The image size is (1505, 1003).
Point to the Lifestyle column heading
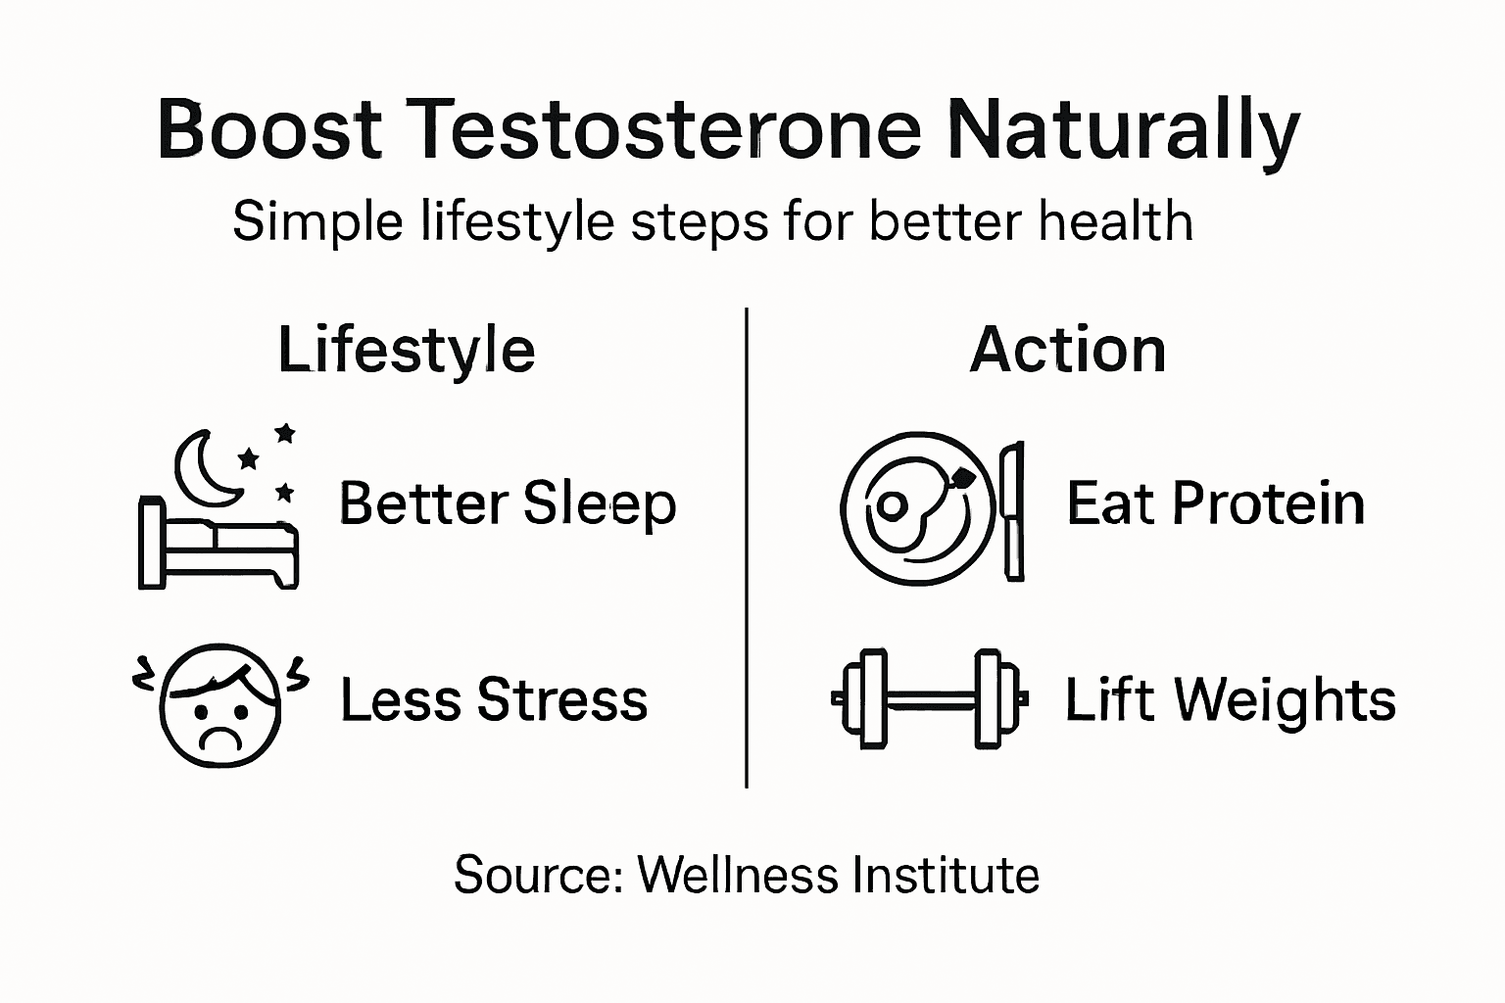pos(407,350)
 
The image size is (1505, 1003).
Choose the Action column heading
pos(1068,350)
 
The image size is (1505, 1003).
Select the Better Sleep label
pos(508,504)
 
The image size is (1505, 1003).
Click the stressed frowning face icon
pos(220,704)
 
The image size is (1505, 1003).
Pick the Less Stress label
pos(494,700)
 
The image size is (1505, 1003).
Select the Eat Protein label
pos(1215,504)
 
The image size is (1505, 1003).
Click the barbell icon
pos(928,698)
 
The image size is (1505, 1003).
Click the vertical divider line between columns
pos(747,549)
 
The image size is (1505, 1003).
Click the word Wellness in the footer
pos(734,875)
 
